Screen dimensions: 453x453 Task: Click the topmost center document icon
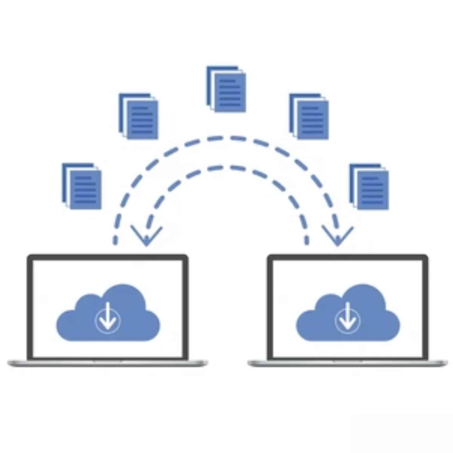pos(226,89)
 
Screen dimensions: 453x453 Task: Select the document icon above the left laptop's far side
pos(82,186)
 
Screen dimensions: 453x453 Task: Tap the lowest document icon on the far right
pos(369,187)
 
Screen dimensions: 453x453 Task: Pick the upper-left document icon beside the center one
pos(139,116)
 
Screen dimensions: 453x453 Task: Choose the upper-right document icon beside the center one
pos(309,116)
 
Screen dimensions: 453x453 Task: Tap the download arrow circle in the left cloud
pos(108,320)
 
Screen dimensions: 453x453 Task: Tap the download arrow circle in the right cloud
pos(348,320)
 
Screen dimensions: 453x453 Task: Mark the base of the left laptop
pos(108,363)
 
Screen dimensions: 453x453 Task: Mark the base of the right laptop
pos(348,363)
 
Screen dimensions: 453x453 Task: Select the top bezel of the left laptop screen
pos(108,257)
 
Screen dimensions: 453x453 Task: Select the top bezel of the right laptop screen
pos(348,257)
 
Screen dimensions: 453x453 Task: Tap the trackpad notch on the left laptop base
pos(108,361)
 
